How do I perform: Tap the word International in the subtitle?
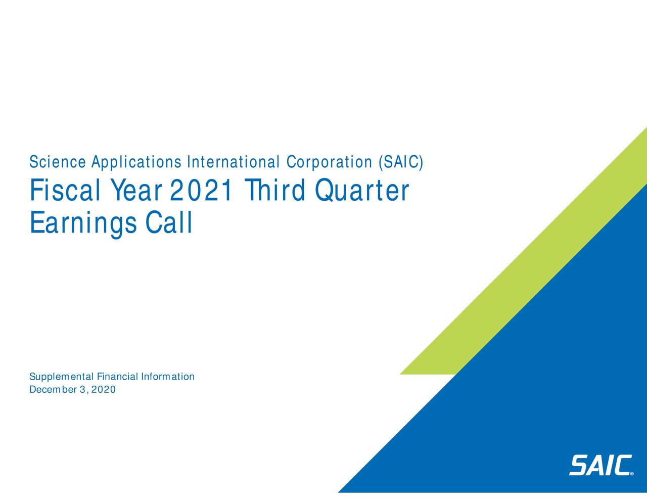coord(233,162)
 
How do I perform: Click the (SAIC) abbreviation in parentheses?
coord(400,162)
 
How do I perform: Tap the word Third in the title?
coord(273,191)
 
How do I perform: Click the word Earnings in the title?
coord(83,223)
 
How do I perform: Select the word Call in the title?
coord(169,223)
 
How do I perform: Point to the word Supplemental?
coord(61,377)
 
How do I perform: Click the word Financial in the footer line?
coord(117,377)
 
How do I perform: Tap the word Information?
coord(168,377)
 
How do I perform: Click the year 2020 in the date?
coord(104,390)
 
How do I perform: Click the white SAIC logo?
coord(600,465)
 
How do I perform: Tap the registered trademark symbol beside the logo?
coord(632,474)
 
